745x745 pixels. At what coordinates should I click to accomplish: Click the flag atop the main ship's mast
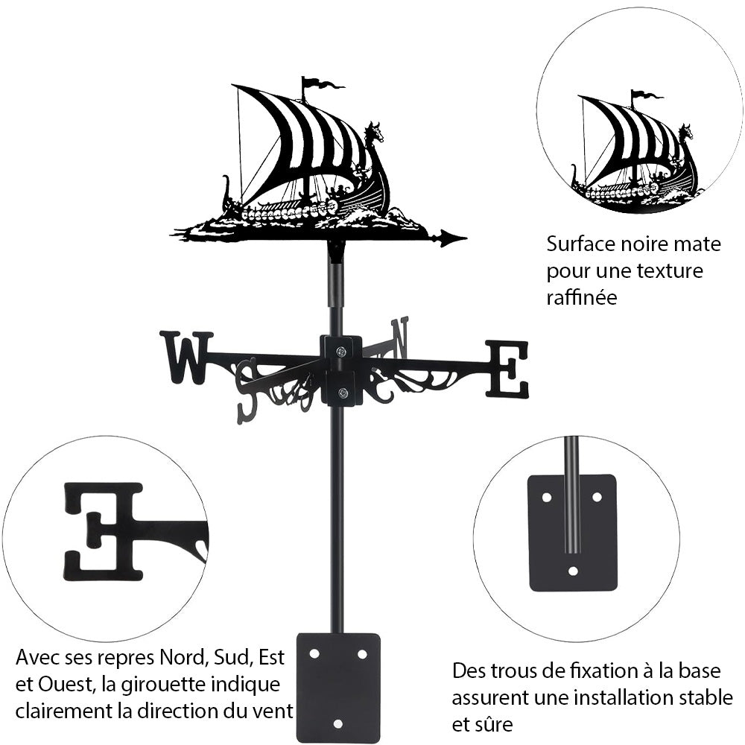pos(323,83)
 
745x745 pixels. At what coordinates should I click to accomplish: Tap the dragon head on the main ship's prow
pos(374,133)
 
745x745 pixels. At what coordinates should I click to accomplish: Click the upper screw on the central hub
pos(341,352)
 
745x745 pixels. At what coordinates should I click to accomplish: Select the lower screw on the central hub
pos(341,393)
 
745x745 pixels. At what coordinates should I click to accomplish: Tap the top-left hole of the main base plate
pos(314,653)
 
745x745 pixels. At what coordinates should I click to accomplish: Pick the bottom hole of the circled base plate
pos(572,571)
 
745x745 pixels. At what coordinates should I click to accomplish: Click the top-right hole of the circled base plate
pos(596,496)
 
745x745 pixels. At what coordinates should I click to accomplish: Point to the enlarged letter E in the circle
pos(104,530)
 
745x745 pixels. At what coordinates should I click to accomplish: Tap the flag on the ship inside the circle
pos(646,95)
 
